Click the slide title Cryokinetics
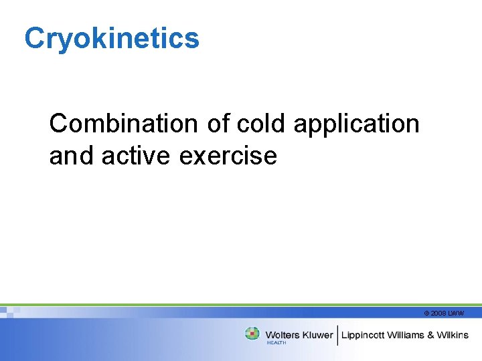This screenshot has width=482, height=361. point(112,39)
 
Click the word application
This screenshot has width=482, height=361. point(356,125)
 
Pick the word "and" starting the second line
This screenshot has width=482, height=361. point(72,156)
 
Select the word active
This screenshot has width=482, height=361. point(137,156)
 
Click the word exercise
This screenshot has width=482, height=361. point(228,156)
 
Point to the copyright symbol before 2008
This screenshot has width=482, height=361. point(426,314)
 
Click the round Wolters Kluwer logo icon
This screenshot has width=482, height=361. point(252,334)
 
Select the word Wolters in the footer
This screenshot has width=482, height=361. point(283,335)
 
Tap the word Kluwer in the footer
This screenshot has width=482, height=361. point(317,335)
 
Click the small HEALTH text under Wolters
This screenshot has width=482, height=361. point(276,343)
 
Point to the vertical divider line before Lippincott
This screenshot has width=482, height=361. point(337,335)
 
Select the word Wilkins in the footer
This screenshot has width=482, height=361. point(453,335)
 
